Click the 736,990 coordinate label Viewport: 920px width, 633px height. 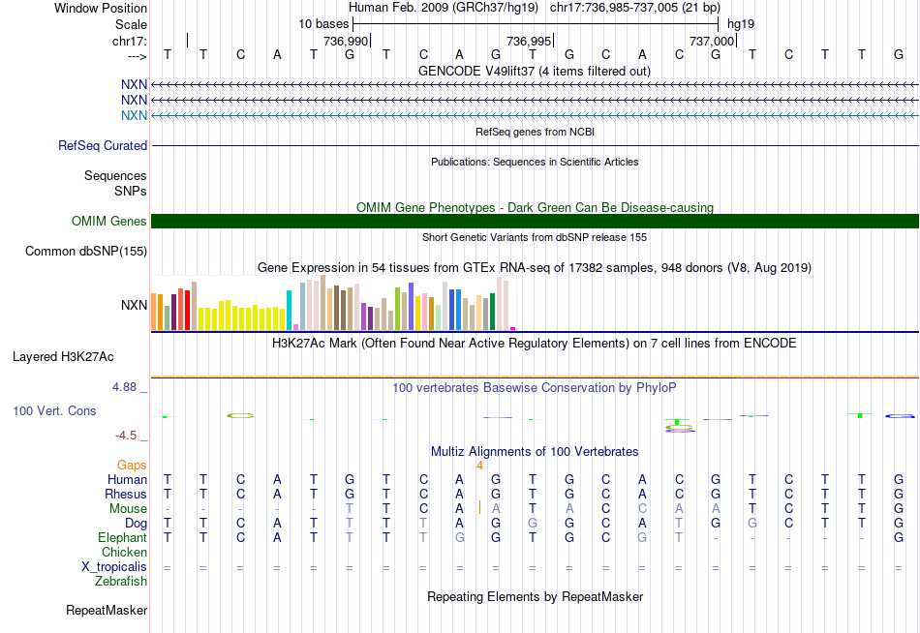[x=346, y=41]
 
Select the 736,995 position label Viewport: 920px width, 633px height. [x=529, y=41]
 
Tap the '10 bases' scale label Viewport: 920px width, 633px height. [x=322, y=23]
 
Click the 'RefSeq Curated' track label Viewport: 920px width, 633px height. [x=103, y=145]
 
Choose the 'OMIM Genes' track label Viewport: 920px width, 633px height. [x=109, y=221]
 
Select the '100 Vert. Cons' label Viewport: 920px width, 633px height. [x=54, y=410]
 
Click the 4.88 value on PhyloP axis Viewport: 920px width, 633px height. [x=129, y=387]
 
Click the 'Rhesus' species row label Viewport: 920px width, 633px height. [x=126, y=494]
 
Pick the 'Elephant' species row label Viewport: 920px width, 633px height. [x=122, y=537]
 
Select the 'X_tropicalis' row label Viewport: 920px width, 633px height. [x=114, y=566]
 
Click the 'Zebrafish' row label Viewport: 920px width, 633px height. [x=121, y=581]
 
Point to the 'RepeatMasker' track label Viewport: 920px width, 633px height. [x=107, y=611]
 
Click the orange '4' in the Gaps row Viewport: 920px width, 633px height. [x=479, y=465]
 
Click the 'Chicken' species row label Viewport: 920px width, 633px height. [x=124, y=552]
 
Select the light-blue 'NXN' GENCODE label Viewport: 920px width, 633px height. [x=135, y=115]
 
